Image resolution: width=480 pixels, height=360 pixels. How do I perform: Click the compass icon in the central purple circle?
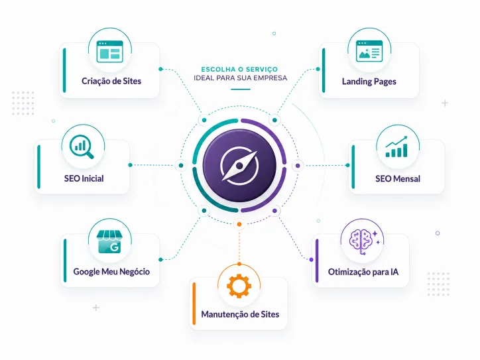239,166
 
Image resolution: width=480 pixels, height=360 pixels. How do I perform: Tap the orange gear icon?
239,286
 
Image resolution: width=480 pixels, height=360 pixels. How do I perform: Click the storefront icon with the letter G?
109,242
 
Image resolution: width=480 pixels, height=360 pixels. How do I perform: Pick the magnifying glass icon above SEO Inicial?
82,147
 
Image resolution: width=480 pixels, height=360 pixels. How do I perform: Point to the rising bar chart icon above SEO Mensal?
396,147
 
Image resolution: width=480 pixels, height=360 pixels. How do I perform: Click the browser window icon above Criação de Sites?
109,52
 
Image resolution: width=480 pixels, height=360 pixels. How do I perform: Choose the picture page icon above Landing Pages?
369,51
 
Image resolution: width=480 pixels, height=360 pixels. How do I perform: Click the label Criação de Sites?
111,81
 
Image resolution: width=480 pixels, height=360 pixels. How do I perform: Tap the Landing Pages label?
369,82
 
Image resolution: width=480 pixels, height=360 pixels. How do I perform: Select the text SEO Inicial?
84,178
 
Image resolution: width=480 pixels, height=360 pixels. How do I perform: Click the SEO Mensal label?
398,179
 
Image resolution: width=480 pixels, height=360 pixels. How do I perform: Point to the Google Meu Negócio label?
111,272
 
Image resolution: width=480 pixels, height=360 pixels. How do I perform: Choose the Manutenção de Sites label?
240,314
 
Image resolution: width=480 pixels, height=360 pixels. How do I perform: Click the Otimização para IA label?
363,272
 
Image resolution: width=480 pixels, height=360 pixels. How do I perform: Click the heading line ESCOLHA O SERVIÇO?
239,69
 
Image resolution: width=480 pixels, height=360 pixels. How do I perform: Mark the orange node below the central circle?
239,224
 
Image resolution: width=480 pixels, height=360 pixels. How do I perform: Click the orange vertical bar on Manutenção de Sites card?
194,304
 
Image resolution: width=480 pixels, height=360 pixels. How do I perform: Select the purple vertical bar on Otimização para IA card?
317,261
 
